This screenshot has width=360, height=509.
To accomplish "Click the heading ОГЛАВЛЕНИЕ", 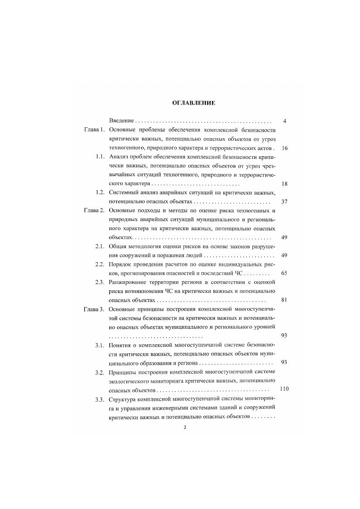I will coord(193,103).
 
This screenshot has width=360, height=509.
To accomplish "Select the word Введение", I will coord(121,121).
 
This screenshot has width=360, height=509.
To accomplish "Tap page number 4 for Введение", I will coord(284,121).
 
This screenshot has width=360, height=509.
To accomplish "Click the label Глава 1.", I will coord(94,130).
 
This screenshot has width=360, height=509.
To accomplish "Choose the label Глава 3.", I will coord(94,309).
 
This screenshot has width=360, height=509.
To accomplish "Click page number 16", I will coord(284,148).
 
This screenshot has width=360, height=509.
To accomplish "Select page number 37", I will coord(284,202).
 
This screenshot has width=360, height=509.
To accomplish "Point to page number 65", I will coord(284,273).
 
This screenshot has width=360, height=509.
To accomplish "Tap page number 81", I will coord(284,300).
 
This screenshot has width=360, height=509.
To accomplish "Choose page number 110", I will coord(284,389).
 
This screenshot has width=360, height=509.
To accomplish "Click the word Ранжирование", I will coord(129,282).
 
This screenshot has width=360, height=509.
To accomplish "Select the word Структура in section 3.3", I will coord(123,399).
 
